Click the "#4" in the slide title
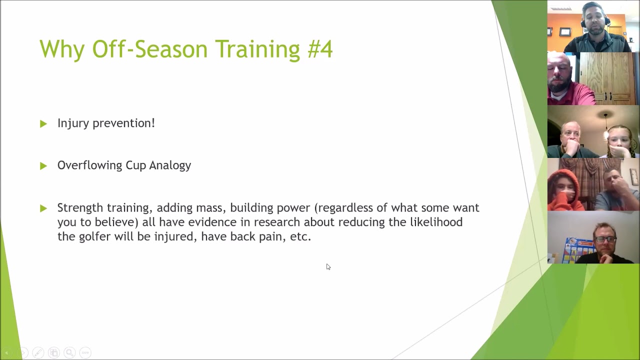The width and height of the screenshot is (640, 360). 320,49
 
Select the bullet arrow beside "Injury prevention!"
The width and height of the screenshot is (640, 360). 43,123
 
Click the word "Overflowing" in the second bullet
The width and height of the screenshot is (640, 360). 89,165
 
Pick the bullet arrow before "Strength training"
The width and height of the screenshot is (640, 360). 43,208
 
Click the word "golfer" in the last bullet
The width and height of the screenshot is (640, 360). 94,236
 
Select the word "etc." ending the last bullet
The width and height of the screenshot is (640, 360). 300,236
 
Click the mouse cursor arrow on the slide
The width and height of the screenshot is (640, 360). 328,266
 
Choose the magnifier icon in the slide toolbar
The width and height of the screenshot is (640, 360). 69,352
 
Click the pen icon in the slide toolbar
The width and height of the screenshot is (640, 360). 38,352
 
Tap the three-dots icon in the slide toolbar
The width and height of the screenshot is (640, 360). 85,352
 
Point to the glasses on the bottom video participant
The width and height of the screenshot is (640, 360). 604,239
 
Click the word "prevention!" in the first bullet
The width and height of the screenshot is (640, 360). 123,123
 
